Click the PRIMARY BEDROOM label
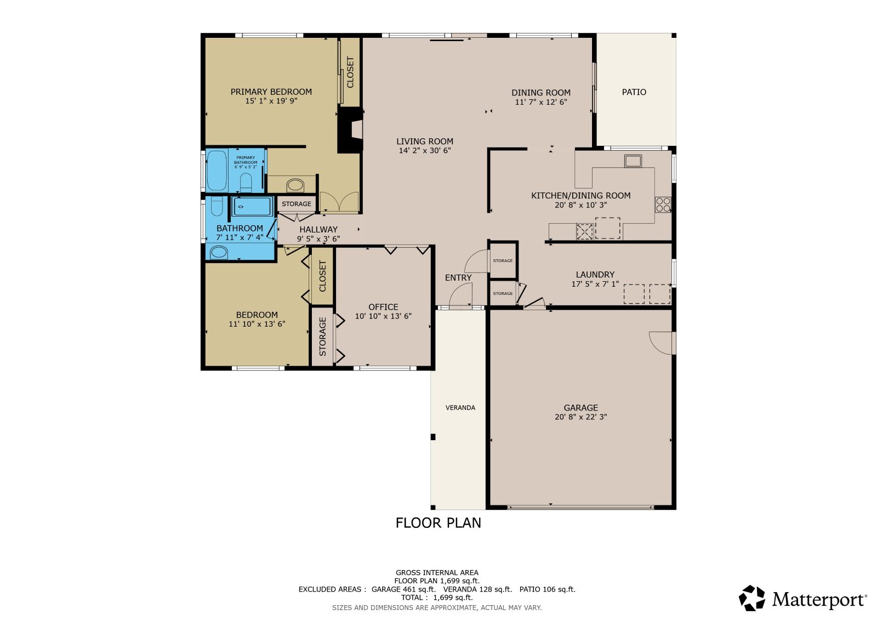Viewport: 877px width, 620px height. click(x=271, y=92)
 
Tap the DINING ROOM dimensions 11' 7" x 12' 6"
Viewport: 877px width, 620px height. click(x=540, y=102)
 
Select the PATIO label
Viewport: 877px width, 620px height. click(x=634, y=92)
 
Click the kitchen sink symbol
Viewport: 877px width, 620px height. click(x=633, y=161)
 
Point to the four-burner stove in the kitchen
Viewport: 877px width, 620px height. click(x=663, y=204)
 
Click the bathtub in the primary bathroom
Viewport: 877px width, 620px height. click(x=217, y=170)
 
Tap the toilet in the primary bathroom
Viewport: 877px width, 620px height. click(x=246, y=183)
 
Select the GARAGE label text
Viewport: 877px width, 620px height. click(x=580, y=408)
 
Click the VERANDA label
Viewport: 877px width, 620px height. click(x=460, y=408)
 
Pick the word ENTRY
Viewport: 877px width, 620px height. click(x=458, y=278)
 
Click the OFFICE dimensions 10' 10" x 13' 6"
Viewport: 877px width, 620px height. click(x=383, y=316)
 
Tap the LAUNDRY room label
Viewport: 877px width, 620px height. click(x=595, y=275)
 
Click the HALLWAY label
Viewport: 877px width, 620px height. click(x=318, y=230)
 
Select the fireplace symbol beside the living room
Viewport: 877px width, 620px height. click(x=350, y=129)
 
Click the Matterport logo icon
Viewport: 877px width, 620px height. click(x=751, y=598)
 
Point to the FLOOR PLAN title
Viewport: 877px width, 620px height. click(x=438, y=523)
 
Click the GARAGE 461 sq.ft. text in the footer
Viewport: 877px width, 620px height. click(x=403, y=589)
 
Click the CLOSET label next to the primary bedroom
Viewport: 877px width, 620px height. click(x=350, y=72)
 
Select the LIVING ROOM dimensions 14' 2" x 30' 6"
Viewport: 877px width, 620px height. click(x=424, y=150)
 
